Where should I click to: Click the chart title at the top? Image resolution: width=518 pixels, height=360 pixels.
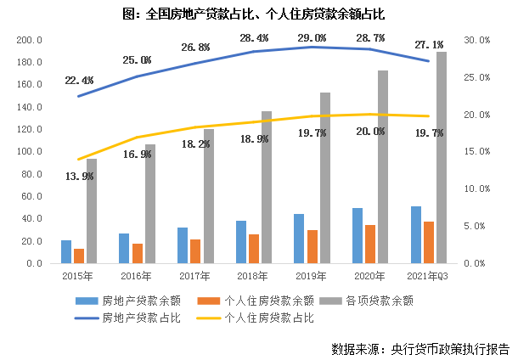click(x=258, y=14)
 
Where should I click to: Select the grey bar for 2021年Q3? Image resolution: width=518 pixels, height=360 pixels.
click(x=441, y=157)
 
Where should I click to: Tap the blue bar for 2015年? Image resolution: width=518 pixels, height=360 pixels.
click(x=66, y=251)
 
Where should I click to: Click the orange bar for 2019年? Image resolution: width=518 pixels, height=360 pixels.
click(x=313, y=246)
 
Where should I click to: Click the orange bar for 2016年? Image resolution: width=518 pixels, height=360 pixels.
click(x=138, y=253)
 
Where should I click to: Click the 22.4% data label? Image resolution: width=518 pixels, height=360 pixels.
click(x=78, y=80)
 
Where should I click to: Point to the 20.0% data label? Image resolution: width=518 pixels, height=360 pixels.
click(x=369, y=132)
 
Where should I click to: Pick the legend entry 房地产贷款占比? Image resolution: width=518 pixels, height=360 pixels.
click(x=141, y=318)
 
